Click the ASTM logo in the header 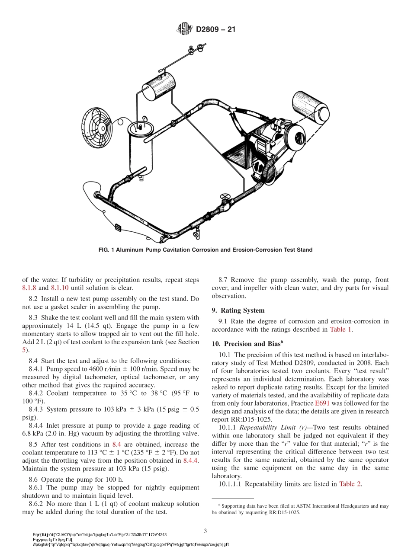point(185,29)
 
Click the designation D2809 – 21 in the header point(215,30)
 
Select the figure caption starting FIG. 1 point(205,250)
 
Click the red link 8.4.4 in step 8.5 point(190,460)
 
